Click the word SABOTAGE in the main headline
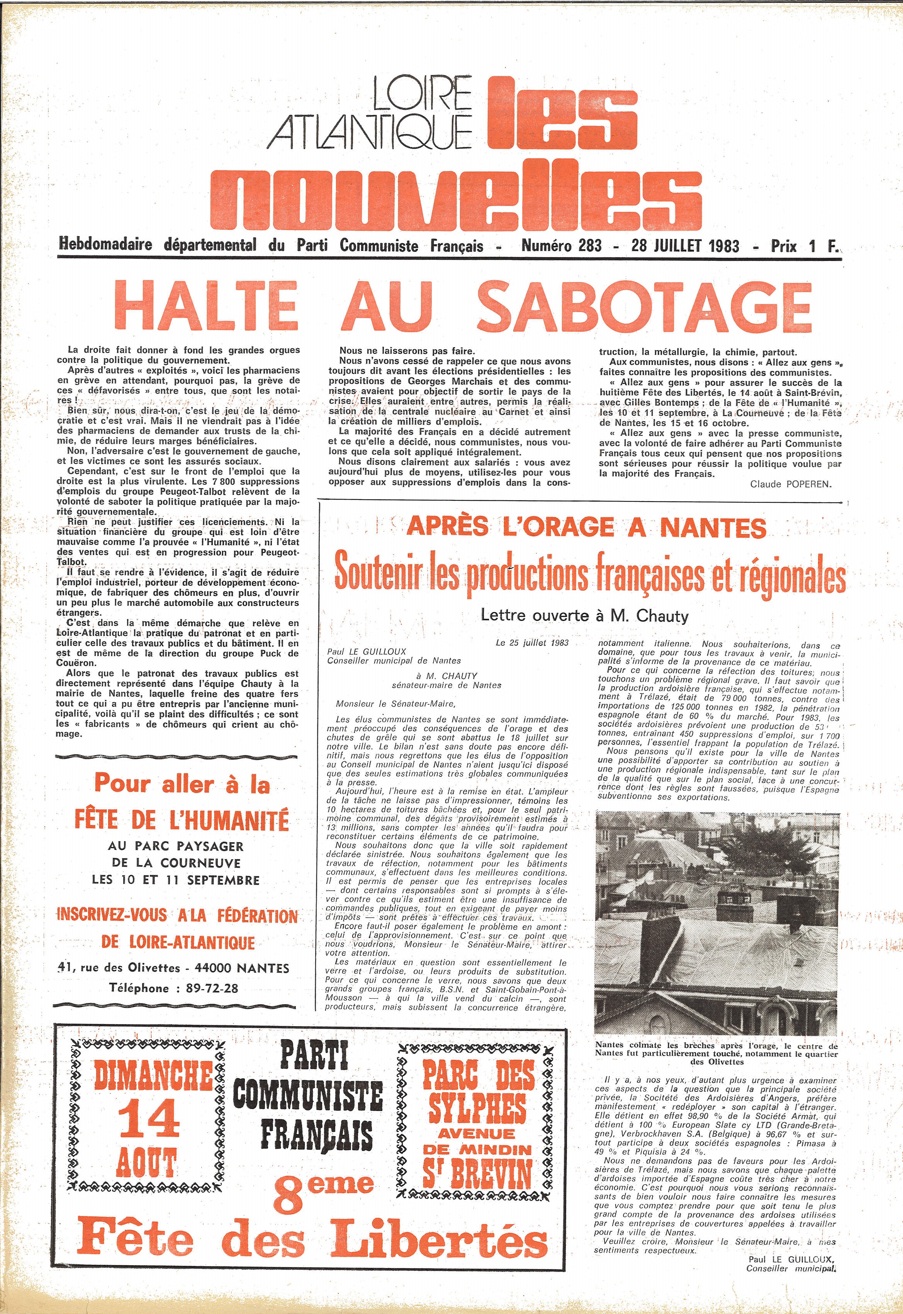[645, 308]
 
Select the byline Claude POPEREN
[790, 484]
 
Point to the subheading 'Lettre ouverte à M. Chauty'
[584, 615]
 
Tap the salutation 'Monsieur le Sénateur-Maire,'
[395, 704]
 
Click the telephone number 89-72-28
[206, 988]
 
